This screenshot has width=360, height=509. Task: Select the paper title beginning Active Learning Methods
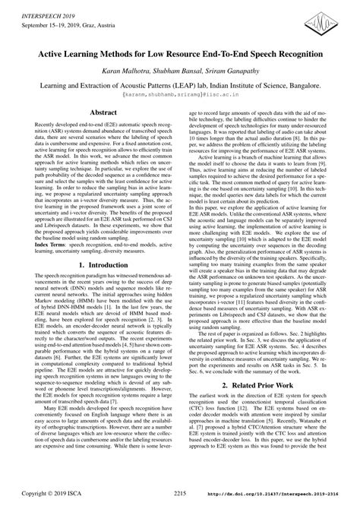tap(179, 55)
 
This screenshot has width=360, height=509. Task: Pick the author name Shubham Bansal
tap(180, 72)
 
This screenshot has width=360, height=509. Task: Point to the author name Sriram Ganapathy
tap(235, 72)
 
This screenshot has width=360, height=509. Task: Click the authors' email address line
tap(179, 98)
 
